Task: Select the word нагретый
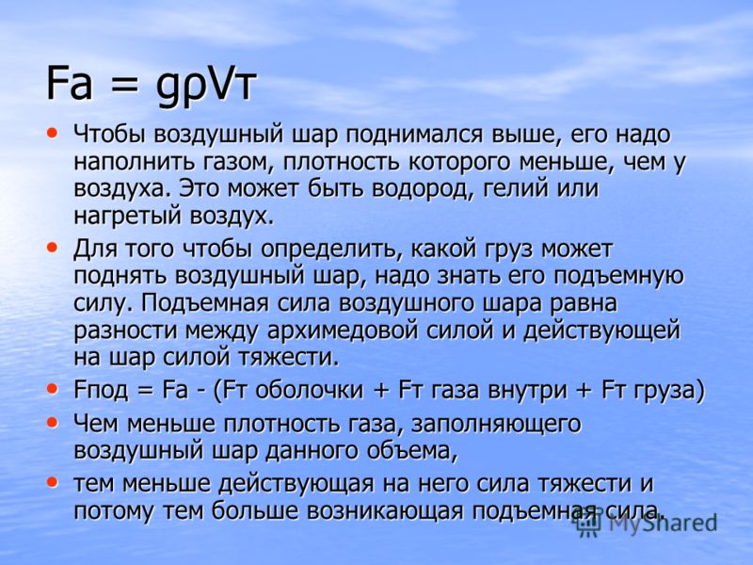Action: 127,217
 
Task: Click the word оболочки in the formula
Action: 309,390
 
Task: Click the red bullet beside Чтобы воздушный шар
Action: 52,133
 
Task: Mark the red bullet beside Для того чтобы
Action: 52,248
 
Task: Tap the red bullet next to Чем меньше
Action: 52,423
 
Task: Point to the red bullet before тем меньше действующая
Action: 52,482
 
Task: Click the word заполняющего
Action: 496,425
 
